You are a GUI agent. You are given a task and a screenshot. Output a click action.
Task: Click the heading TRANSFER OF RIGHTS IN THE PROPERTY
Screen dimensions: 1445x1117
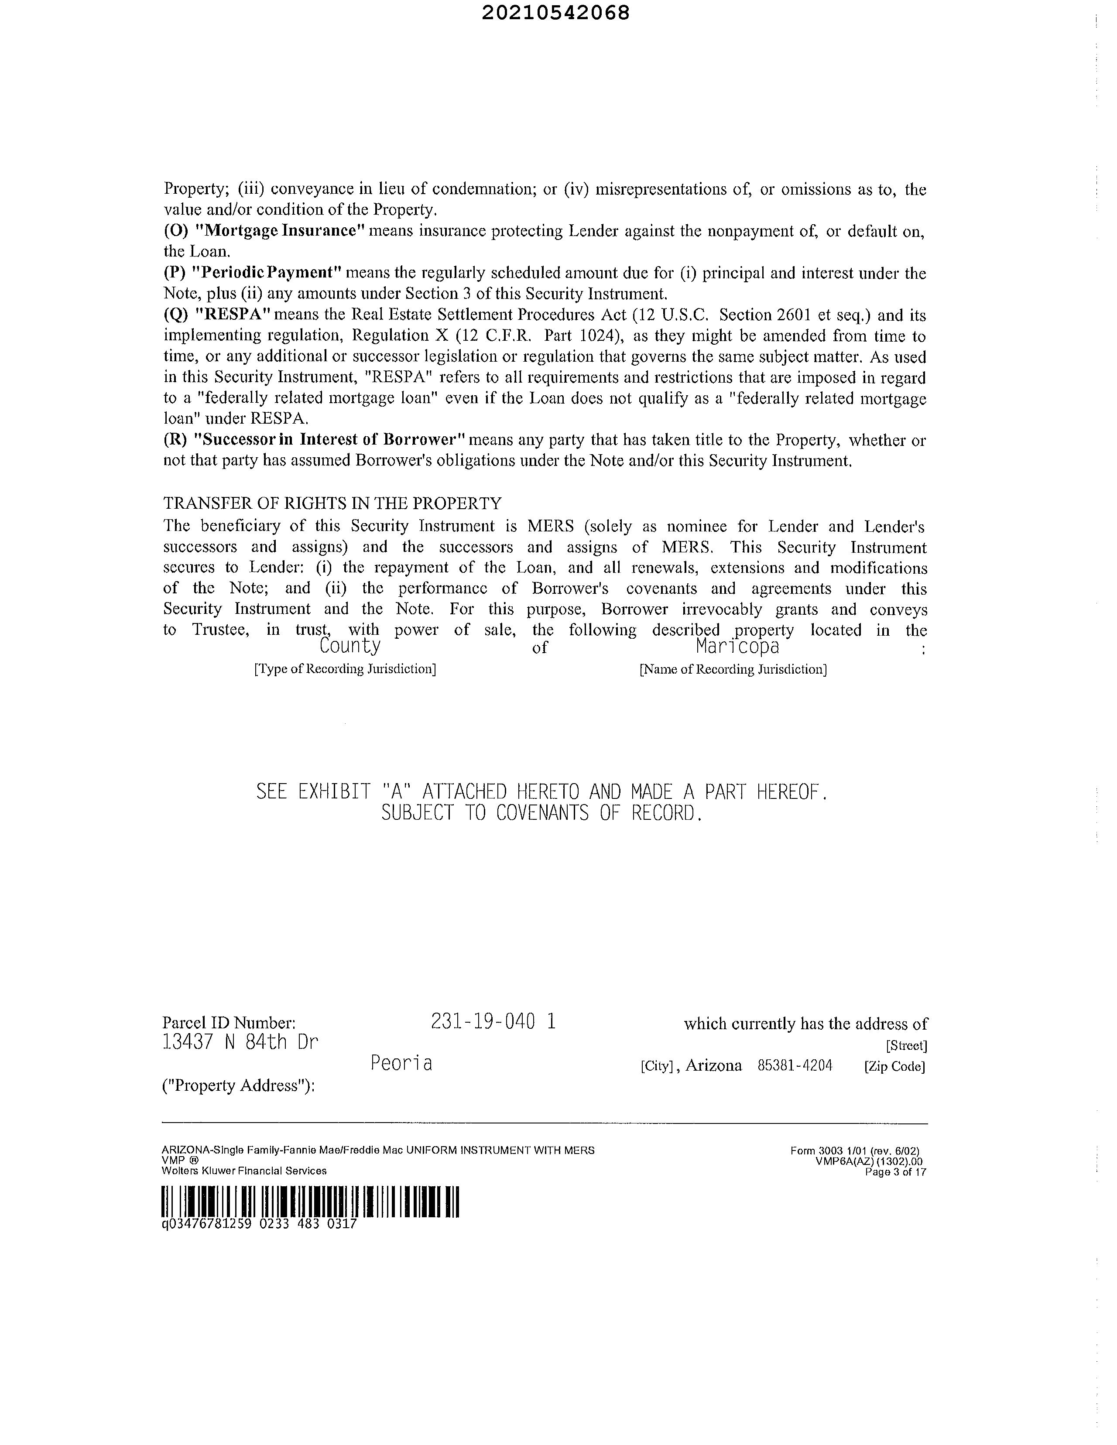[332, 503]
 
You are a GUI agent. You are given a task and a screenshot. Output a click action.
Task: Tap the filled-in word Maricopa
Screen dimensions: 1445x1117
[737, 646]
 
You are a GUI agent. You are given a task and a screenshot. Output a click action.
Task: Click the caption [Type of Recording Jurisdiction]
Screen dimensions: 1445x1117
[345, 669]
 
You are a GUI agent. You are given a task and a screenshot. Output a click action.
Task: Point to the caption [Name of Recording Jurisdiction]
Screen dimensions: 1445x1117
[733, 669]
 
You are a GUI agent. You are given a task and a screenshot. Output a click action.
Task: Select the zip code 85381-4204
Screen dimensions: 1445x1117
[795, 1065]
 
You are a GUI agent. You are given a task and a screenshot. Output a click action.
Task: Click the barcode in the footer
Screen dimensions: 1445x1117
[310, 1202]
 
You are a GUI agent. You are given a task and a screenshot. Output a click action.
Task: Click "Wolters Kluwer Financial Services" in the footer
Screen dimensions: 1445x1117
[244, 1171]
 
